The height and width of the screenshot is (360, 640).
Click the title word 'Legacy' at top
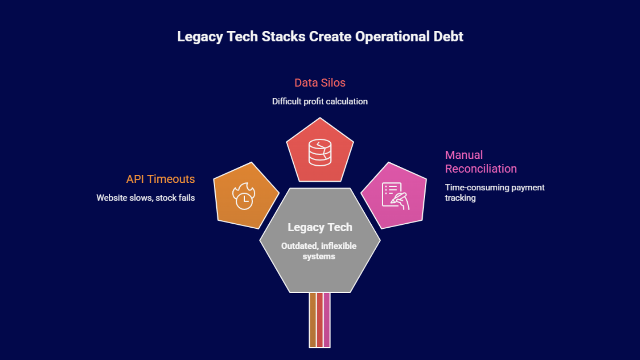click(x=200, y=37)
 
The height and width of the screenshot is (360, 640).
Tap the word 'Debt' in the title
click(x=448, y=36)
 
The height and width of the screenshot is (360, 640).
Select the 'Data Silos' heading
click(x=320, y=83)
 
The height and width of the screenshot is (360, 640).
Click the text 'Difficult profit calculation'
click(x=320, y=102)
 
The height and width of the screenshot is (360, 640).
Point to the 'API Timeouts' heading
click(x=160, y=179)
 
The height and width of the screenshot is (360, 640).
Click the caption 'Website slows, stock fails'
click(x=146, y=198)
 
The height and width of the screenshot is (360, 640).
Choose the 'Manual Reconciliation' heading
click(x=481, y=162)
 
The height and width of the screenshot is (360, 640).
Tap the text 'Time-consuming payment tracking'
click(x=494, y=192)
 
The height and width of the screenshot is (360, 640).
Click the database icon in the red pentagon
click(x=320, y=152)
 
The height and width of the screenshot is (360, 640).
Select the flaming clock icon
click(x=244, y=196)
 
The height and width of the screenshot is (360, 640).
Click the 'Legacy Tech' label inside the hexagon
click(x=320, y=227)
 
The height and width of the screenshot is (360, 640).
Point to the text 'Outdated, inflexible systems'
click(x=319, y=251)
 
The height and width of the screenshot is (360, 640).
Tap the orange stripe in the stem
click(x=312, y=320)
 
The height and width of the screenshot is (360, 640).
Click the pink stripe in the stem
click(x=327, y=320)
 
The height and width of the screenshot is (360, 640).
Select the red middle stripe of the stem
click(x=320, y=320)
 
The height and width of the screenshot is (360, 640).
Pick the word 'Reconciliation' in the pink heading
click(x=481, y=169)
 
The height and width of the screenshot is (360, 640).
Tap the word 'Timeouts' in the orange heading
click(x=171, y=179)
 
